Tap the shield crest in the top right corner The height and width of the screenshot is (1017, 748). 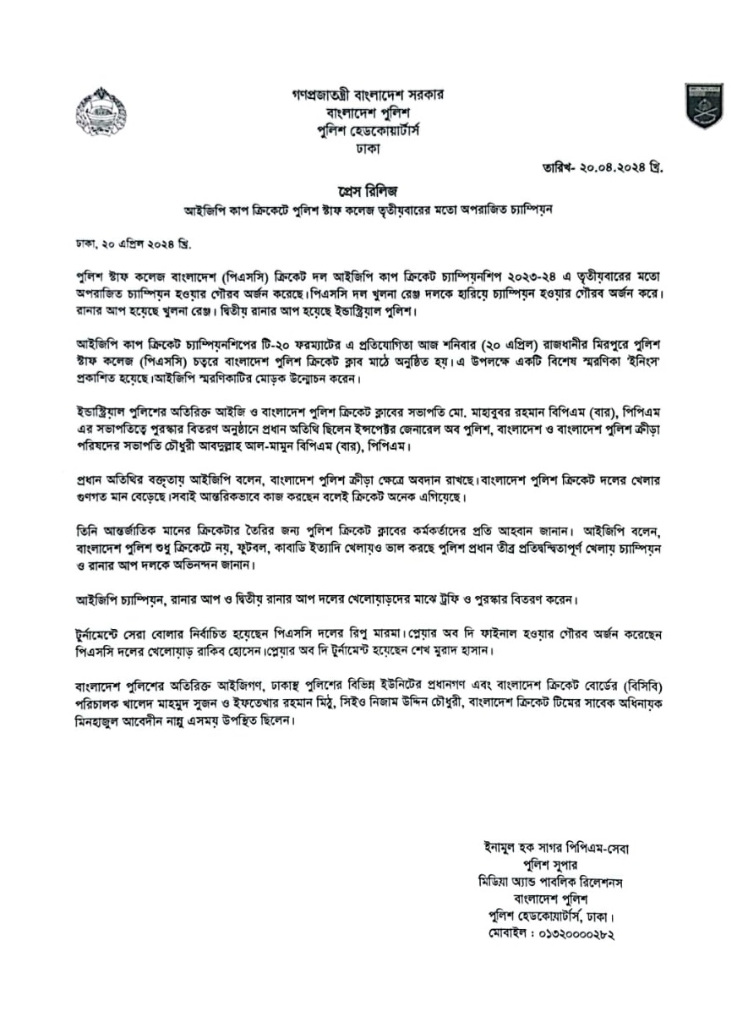[703, 105]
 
